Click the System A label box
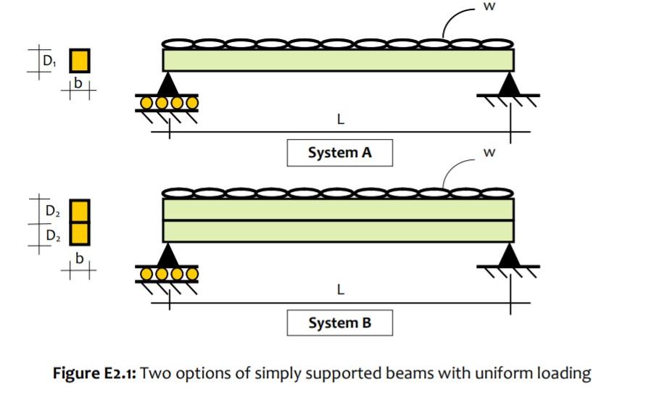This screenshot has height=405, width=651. (339, 153)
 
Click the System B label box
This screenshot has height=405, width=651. (339, 322)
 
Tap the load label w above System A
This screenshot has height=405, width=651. (484, 7)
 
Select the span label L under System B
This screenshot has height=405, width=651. (341, 289)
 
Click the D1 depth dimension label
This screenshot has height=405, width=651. (49, 62)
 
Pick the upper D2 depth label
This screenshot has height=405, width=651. (52, 212)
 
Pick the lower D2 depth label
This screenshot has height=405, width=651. (52, 235)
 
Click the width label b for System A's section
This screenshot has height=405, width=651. (79, 85)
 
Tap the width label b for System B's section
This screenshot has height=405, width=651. (79, 258)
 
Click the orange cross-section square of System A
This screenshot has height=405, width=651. (80, 61)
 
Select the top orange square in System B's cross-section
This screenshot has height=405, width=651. (80, 211)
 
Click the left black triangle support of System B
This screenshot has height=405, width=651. (169, 254)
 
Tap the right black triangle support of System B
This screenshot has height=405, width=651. (511, 254)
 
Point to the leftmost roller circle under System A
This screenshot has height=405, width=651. (146, 103)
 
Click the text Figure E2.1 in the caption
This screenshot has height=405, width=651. (95, 374)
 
